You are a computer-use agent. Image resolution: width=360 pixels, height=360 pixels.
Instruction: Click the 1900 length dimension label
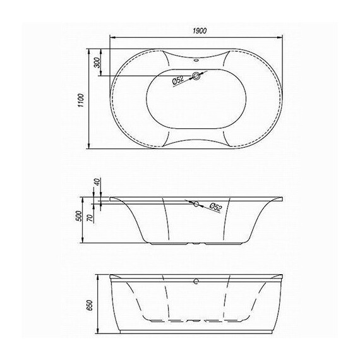coord(200,31)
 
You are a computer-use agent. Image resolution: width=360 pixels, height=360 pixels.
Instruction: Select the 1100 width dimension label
coord(81,100)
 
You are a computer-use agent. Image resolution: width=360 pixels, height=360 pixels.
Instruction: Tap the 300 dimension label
coord(97,63)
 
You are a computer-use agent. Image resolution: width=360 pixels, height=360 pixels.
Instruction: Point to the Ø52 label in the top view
coord(178,80)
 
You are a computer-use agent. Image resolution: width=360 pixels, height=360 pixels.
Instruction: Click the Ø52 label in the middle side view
coord(216,207)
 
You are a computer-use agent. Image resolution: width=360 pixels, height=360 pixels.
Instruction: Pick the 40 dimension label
coord(97,182)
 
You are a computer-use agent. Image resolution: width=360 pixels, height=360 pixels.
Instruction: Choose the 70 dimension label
coord(90,218)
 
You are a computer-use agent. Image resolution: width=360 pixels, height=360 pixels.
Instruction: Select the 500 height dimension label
coord(78,216)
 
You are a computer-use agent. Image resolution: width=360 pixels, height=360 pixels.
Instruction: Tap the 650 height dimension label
coord(90,305)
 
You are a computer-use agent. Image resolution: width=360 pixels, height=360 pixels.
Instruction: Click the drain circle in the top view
coord(196,76)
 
